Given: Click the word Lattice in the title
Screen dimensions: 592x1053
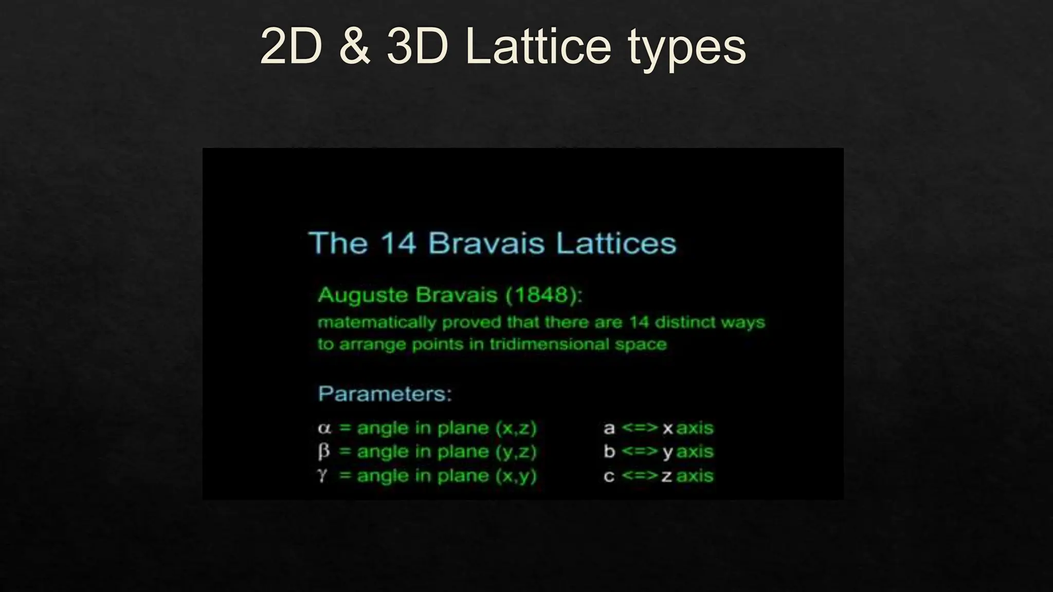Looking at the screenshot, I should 538,46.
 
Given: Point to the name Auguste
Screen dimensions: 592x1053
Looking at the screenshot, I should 364,295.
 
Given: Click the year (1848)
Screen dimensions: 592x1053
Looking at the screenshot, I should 544,295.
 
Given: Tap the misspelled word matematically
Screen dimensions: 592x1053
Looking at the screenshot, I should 377,323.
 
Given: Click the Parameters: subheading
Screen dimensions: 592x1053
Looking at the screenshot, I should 385,394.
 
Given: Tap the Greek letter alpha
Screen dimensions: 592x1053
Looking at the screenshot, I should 324,428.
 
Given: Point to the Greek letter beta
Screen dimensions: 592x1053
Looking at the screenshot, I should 323,452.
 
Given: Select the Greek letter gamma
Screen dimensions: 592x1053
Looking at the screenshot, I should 322,475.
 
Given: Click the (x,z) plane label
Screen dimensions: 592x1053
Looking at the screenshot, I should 516,428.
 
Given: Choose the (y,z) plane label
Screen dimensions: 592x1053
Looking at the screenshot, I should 516,452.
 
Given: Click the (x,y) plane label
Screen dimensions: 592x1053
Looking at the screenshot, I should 516,476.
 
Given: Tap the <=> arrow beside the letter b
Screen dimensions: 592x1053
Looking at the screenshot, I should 639,451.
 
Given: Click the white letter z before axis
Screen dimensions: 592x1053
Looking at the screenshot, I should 667,476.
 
